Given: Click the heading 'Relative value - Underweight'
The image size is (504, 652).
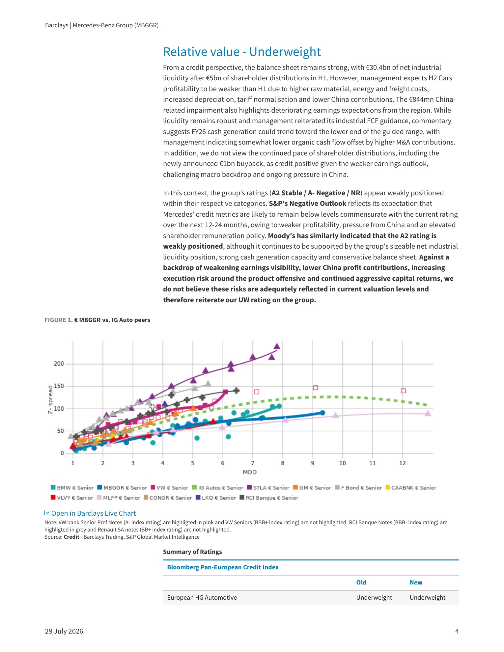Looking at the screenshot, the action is pos(242,52).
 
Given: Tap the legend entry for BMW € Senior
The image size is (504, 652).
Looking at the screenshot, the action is pos(72,488).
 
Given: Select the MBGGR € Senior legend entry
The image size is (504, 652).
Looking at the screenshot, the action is pos(122,488).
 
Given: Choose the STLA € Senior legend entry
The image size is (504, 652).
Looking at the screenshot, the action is pos(268,488).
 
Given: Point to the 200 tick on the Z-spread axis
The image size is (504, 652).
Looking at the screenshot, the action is pos(59,364).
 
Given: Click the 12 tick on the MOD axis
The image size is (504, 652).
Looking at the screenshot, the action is pos(403,463).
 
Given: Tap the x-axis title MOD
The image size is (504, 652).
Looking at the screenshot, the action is pos(250,472).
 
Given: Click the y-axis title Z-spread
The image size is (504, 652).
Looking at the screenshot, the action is pos(50,399).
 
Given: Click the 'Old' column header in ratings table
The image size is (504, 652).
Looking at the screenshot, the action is pos(361,582).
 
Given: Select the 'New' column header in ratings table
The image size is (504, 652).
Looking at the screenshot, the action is pos(416,582).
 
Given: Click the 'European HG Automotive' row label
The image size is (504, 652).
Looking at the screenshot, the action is pos(202,597).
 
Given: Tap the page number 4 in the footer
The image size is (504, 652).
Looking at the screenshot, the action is pos(457,631).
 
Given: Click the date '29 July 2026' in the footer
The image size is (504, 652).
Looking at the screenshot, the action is pos(64,631).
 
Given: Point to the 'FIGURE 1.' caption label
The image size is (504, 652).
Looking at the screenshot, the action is pos(58,320).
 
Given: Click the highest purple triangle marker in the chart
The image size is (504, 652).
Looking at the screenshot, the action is pos(277,346).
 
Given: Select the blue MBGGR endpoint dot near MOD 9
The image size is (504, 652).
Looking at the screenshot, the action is pos(322,413).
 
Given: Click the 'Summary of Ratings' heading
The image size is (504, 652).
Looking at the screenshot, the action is pos(192,552).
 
